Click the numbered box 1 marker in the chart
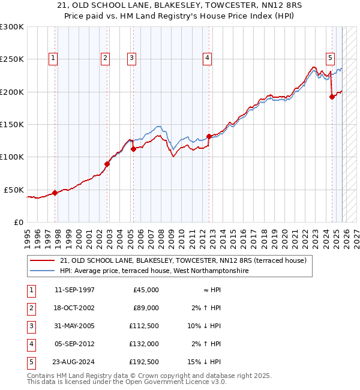[x=53, y=58]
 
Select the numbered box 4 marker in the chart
[x=207, y=58]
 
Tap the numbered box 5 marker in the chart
[x=331, y=58]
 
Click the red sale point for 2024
[x=332, y=97]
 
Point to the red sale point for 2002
[x=107, y=164]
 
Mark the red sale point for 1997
[x=55, y=193]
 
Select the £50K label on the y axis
[x=14, y=190]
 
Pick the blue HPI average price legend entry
[x=154, y=271]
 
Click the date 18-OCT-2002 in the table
[x=74, y=307]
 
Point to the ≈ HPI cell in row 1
[x=211, y=289]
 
